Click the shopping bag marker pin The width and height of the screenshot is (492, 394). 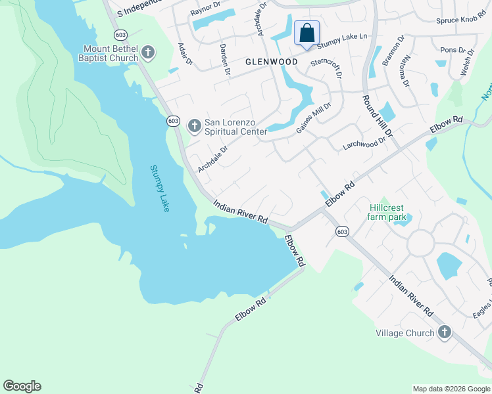click(x=307, y=33)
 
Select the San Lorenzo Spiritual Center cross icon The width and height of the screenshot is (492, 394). click(x=194, y=125)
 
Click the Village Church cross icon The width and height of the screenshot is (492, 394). click(x=444, y=333)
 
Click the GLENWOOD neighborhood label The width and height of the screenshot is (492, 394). click(x=271, y=62)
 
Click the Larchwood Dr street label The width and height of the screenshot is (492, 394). click(x=364, y=143)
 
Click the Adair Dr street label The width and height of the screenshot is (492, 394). click(x=185, y=54)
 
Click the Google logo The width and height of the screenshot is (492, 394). click(x=22, y=386)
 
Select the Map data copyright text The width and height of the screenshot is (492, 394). click(x=451, y=389)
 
